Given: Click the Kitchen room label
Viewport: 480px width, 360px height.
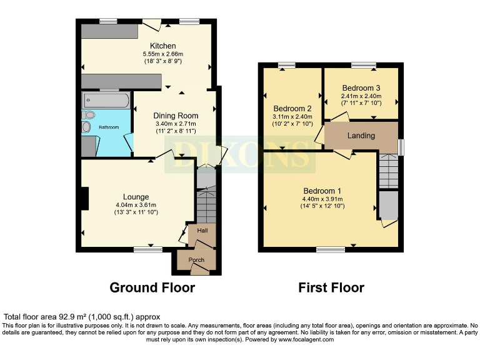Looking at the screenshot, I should [x=162, y=46].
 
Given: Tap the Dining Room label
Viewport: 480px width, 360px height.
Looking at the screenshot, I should [x=176, y=116].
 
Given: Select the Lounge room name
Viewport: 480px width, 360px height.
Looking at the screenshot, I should [x=136, y=197].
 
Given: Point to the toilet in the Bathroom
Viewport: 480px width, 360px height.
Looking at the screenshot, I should [x=89, y=115].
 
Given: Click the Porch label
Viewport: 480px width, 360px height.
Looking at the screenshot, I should [x=196, y=260].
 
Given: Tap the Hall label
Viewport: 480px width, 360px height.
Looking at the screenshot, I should [x=202, y=231].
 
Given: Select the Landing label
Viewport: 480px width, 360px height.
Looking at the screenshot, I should [x=361, y=136].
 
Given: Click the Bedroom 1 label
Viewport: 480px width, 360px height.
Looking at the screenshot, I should [x=322, y=191].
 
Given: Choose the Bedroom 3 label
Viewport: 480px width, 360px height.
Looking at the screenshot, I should [x=361, y=88].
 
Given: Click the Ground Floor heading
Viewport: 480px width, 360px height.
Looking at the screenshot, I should [x=152, y=288].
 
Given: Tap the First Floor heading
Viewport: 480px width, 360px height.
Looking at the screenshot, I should [x=331, y=288].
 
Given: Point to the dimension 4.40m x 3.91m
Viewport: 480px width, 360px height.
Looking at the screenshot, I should [x=322, y=199].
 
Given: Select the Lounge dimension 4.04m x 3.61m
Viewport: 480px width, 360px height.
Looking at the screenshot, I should [x=136, y=205].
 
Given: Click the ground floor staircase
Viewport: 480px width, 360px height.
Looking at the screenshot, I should [x=206, y=206].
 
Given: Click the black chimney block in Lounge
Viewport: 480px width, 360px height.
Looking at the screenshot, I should [x=84, y=199].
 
